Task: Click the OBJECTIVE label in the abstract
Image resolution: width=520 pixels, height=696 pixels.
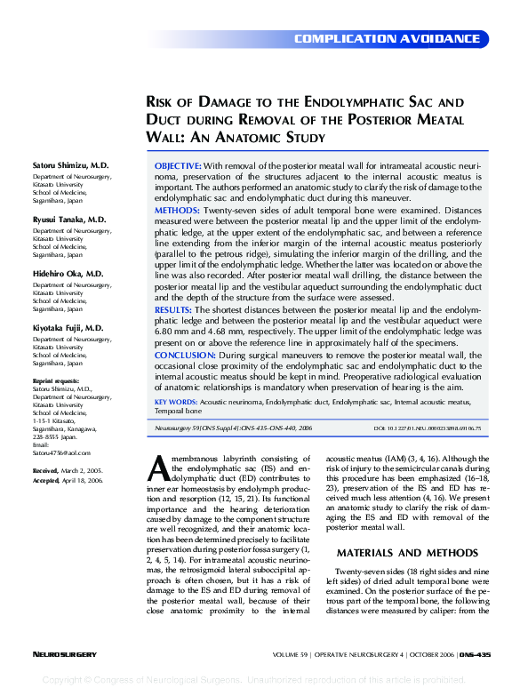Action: point(178,166)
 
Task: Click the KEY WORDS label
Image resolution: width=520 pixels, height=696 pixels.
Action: point(176,402)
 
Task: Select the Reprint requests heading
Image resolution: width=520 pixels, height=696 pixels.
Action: point(58,381)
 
